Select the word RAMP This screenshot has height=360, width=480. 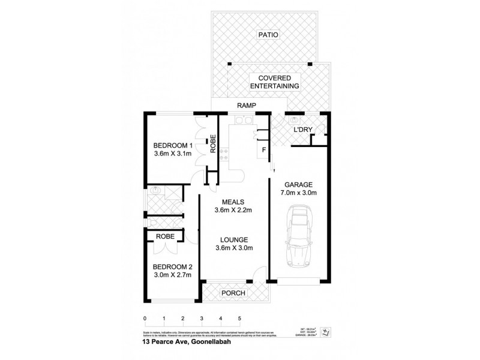[247, 106]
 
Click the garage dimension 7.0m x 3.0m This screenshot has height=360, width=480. [298, 193]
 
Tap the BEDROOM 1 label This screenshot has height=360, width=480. [173, 145]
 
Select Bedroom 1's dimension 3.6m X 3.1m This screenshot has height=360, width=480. [173, 154]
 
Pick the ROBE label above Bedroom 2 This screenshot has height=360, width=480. [166, 236]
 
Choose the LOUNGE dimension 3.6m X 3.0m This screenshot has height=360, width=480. [233, 248]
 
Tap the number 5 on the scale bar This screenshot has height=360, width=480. [239, 318]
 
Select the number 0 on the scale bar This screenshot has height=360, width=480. [145, 318]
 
